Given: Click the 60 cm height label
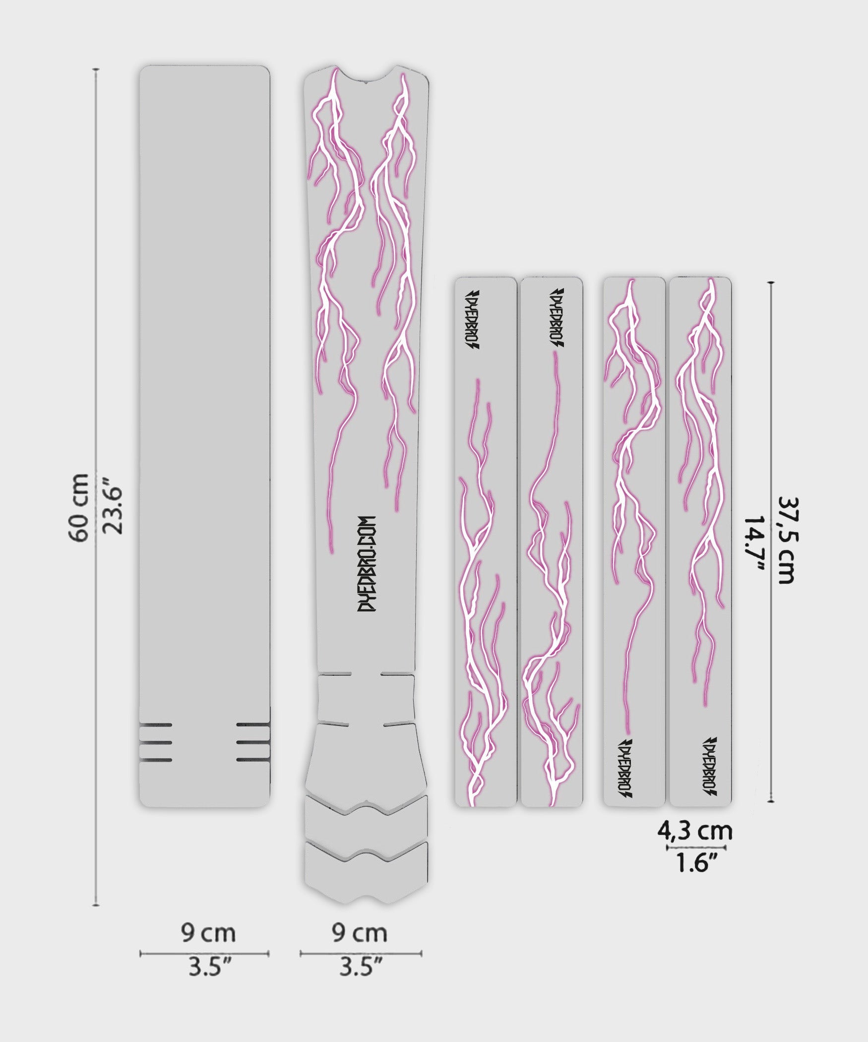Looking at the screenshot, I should [79, 507].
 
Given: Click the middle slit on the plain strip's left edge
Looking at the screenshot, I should [156, 743].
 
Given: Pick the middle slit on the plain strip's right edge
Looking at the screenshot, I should [253, 743].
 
